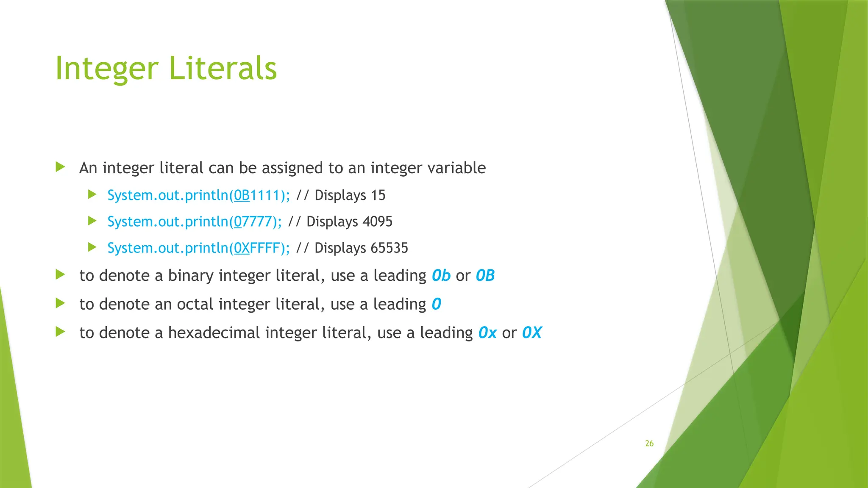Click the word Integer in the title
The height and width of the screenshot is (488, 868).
coord(107,69)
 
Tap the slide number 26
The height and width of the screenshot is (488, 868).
coord(649,444)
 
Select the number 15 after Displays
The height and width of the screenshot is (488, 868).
coord(378,195)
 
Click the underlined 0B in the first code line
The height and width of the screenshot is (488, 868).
coord(242,195)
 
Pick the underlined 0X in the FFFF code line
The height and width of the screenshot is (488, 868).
coord(242,248)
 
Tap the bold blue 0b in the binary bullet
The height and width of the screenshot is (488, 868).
coord(441,276)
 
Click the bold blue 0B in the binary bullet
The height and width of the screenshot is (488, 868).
coord(485,276)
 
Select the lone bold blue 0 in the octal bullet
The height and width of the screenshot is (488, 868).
coord(436,304)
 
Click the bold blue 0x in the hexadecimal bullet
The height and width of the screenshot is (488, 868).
coord(487,333)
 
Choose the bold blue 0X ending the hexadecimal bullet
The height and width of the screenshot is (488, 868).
coord(531,333)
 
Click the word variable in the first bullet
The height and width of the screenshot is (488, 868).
coord(456,168)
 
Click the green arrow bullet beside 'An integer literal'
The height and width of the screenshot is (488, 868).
coord(60,167)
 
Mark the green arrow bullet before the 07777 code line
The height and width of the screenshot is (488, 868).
coord(92,221)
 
